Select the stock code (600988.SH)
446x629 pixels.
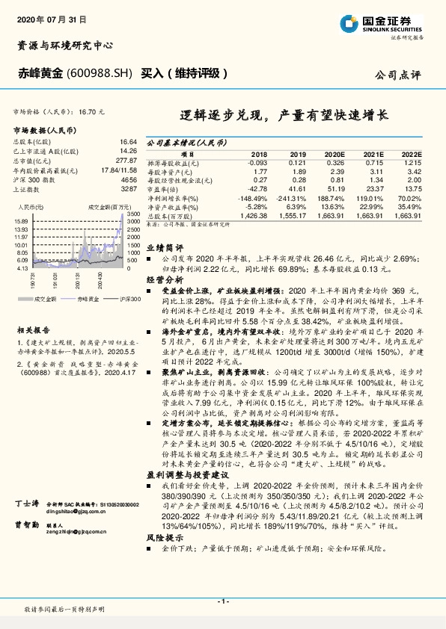click(100, 74)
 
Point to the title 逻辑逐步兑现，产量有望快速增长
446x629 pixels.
click(285, 117)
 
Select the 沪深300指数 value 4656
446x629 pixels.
click(129, 180)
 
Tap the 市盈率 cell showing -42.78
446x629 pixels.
click(256, 190)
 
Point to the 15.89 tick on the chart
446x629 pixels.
click(21, 222)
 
